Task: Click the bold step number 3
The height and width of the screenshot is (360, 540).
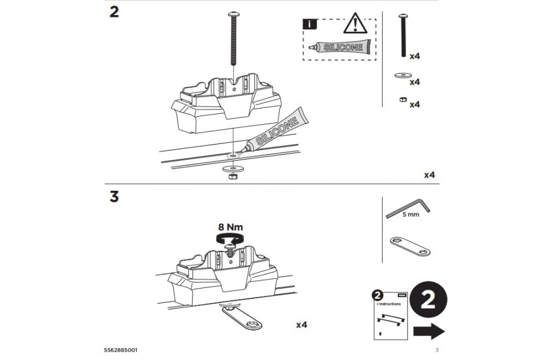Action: point(114,197)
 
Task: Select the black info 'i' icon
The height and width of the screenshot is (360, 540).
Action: point(308,25)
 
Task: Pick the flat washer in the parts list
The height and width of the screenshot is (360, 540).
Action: point(400,76)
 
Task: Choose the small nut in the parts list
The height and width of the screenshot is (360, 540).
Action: point(400,100)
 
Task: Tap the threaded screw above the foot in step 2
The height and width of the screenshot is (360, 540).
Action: point(232,38)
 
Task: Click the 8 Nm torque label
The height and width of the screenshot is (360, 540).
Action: point(230,227)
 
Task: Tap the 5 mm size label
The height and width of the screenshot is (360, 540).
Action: point(410,214)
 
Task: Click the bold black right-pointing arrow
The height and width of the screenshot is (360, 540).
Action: point(429,332)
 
